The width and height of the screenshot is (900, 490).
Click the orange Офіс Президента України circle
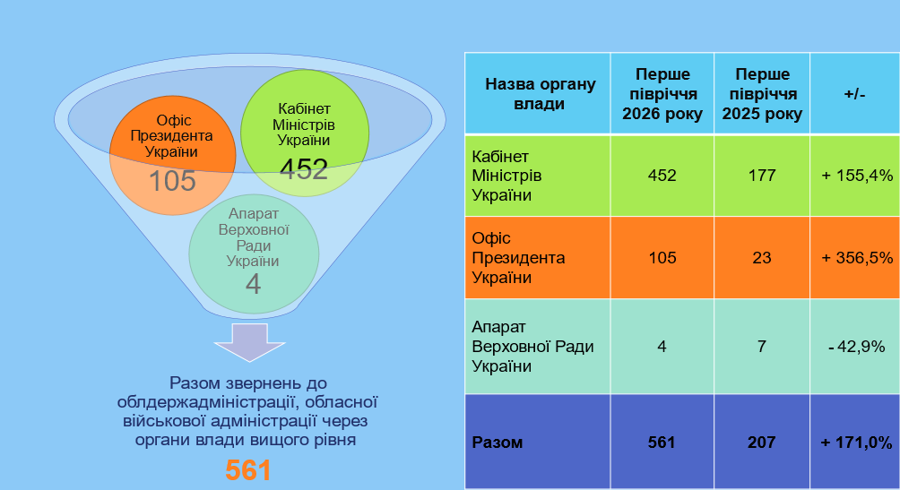pyautogui.click(x=172, y=156)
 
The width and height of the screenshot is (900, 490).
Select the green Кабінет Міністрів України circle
pyautogui.click(x=304, y=133)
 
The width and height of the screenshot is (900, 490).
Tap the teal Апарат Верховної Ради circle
pyautogui.click(x=254, y=254)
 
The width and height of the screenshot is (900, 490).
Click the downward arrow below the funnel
pyautogui.click(x=250, y=342)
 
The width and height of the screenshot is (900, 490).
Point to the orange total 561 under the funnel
pyautogui.click(x=248, y=470)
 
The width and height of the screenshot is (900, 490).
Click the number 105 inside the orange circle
pyautogui.click(x=172, y=181)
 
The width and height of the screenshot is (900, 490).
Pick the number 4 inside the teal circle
pyautogui.click(x=253, y=284)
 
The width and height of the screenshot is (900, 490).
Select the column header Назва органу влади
pyautogui.click(x=540, y=94)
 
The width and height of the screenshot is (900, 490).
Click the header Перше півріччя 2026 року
pyautogui.click(x=662, y=94)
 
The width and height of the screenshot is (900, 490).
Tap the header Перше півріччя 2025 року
pyautogui.click(x=762, y=94)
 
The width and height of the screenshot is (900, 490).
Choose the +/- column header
pyautogui.click(x=854, y=94)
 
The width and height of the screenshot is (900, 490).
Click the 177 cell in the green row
pyautogui.click(x=762, y=176)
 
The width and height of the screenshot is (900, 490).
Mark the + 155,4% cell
pyautogui.click(x=857, y=176)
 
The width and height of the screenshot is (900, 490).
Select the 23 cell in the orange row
pyautogui.click(x=762, y=258)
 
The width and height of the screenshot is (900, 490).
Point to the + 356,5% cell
pyautogui.click(x=857, y=258)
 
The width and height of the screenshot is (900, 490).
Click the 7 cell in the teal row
pyautogui.click(x=762, y=347)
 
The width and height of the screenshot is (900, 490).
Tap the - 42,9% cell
pyautogui.click(x=857, y=347)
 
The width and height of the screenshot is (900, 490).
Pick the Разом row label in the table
pyautogui.click(x=498, y=443)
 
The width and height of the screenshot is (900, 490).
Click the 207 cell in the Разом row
pyautogui.click(x=762, y=443)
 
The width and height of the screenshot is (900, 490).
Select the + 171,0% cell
pyautogui.click(x=857, y=443)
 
